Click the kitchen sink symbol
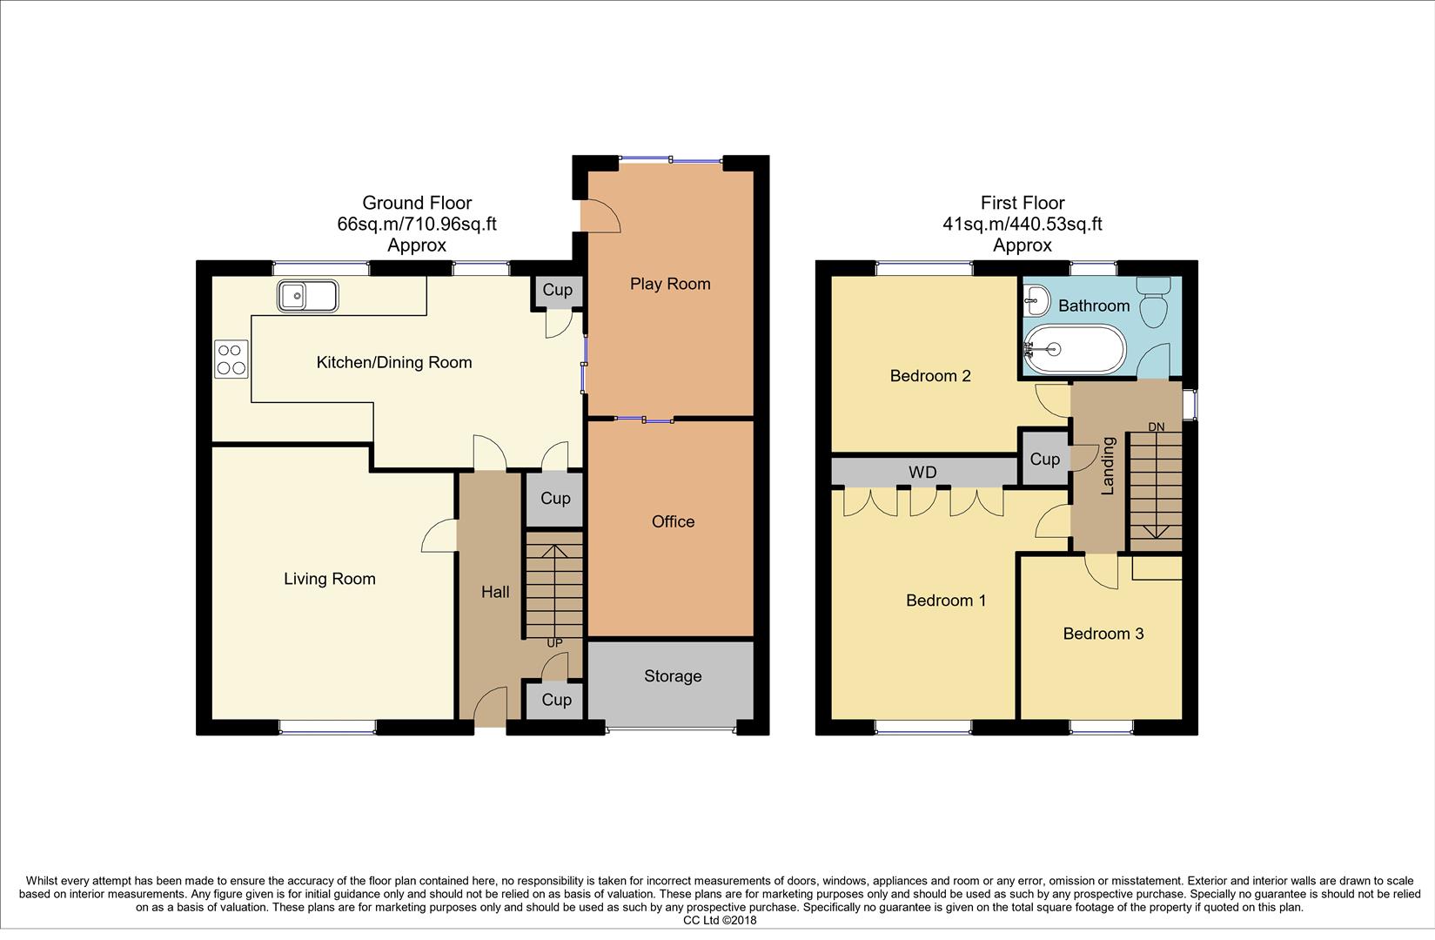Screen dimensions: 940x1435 [x=308, y=296]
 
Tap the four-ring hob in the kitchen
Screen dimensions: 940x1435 [x=231, y=359]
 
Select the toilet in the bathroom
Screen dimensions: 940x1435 [x=1153, y=302]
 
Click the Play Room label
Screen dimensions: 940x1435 [x=670, y=284]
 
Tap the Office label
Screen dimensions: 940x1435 [x=673, y=521]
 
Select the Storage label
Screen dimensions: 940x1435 [x=673, y=676]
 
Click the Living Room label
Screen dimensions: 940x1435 [x=330, y=579]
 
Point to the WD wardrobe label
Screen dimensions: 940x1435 [x=922, y=473]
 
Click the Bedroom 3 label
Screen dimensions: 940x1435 [x=1103, y=634]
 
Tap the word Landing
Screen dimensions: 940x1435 [x=1108, y=466]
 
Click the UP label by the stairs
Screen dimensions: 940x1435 [x=554, y=643]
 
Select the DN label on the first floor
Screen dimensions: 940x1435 [x=1156, y=426]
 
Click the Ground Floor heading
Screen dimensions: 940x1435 [x=417, y=203]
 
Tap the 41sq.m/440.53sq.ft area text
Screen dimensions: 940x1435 [x=1023, y=224]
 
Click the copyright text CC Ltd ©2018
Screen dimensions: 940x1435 [x=720, y=920]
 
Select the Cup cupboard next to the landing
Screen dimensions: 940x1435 [x=1044, y=459]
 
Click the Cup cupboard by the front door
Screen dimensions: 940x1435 [x=556, y=700]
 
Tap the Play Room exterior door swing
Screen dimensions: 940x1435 [x=601, y=215]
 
